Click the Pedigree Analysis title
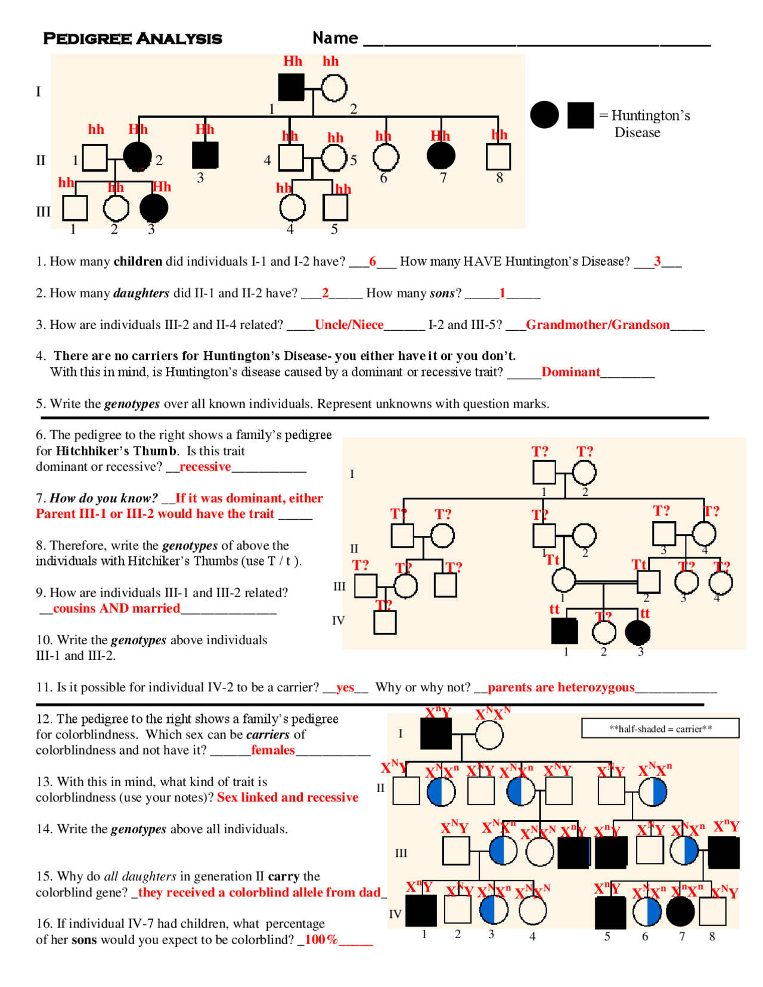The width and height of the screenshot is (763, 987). tap(132, 39)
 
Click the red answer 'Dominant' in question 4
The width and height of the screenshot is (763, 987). tap(570, 373)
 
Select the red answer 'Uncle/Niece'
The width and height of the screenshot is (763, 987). tap(349, 325)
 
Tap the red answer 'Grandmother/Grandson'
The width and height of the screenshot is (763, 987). tap(597, 325)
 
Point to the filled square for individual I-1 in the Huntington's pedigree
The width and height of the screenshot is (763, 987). tap(291, 88)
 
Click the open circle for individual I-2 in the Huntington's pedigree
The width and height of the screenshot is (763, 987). tap(334, 88)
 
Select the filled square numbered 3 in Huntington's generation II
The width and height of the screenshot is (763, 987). tap(205, 155)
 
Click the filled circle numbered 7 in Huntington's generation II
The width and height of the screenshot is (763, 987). tap(441, 156)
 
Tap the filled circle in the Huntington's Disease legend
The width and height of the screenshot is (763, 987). tap(544, 115)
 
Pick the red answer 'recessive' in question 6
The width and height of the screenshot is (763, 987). tap(205, 467)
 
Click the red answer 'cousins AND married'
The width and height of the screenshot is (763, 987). tap(116, 609)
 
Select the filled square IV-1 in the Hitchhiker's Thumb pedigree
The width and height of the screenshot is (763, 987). tap(565, 631)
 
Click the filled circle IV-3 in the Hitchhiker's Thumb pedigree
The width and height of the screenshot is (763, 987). tap(638, 632)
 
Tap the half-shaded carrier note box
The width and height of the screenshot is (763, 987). tap(660, 728)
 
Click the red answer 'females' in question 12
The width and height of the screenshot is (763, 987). tap(272, 750)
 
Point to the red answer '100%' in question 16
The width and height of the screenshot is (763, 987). tap(321, 941)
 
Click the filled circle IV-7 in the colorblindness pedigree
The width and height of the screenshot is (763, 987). tap(680, 911)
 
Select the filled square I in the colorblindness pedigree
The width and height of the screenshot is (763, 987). tap(436, 734)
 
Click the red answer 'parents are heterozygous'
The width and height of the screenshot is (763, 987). tap(561, 688)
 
